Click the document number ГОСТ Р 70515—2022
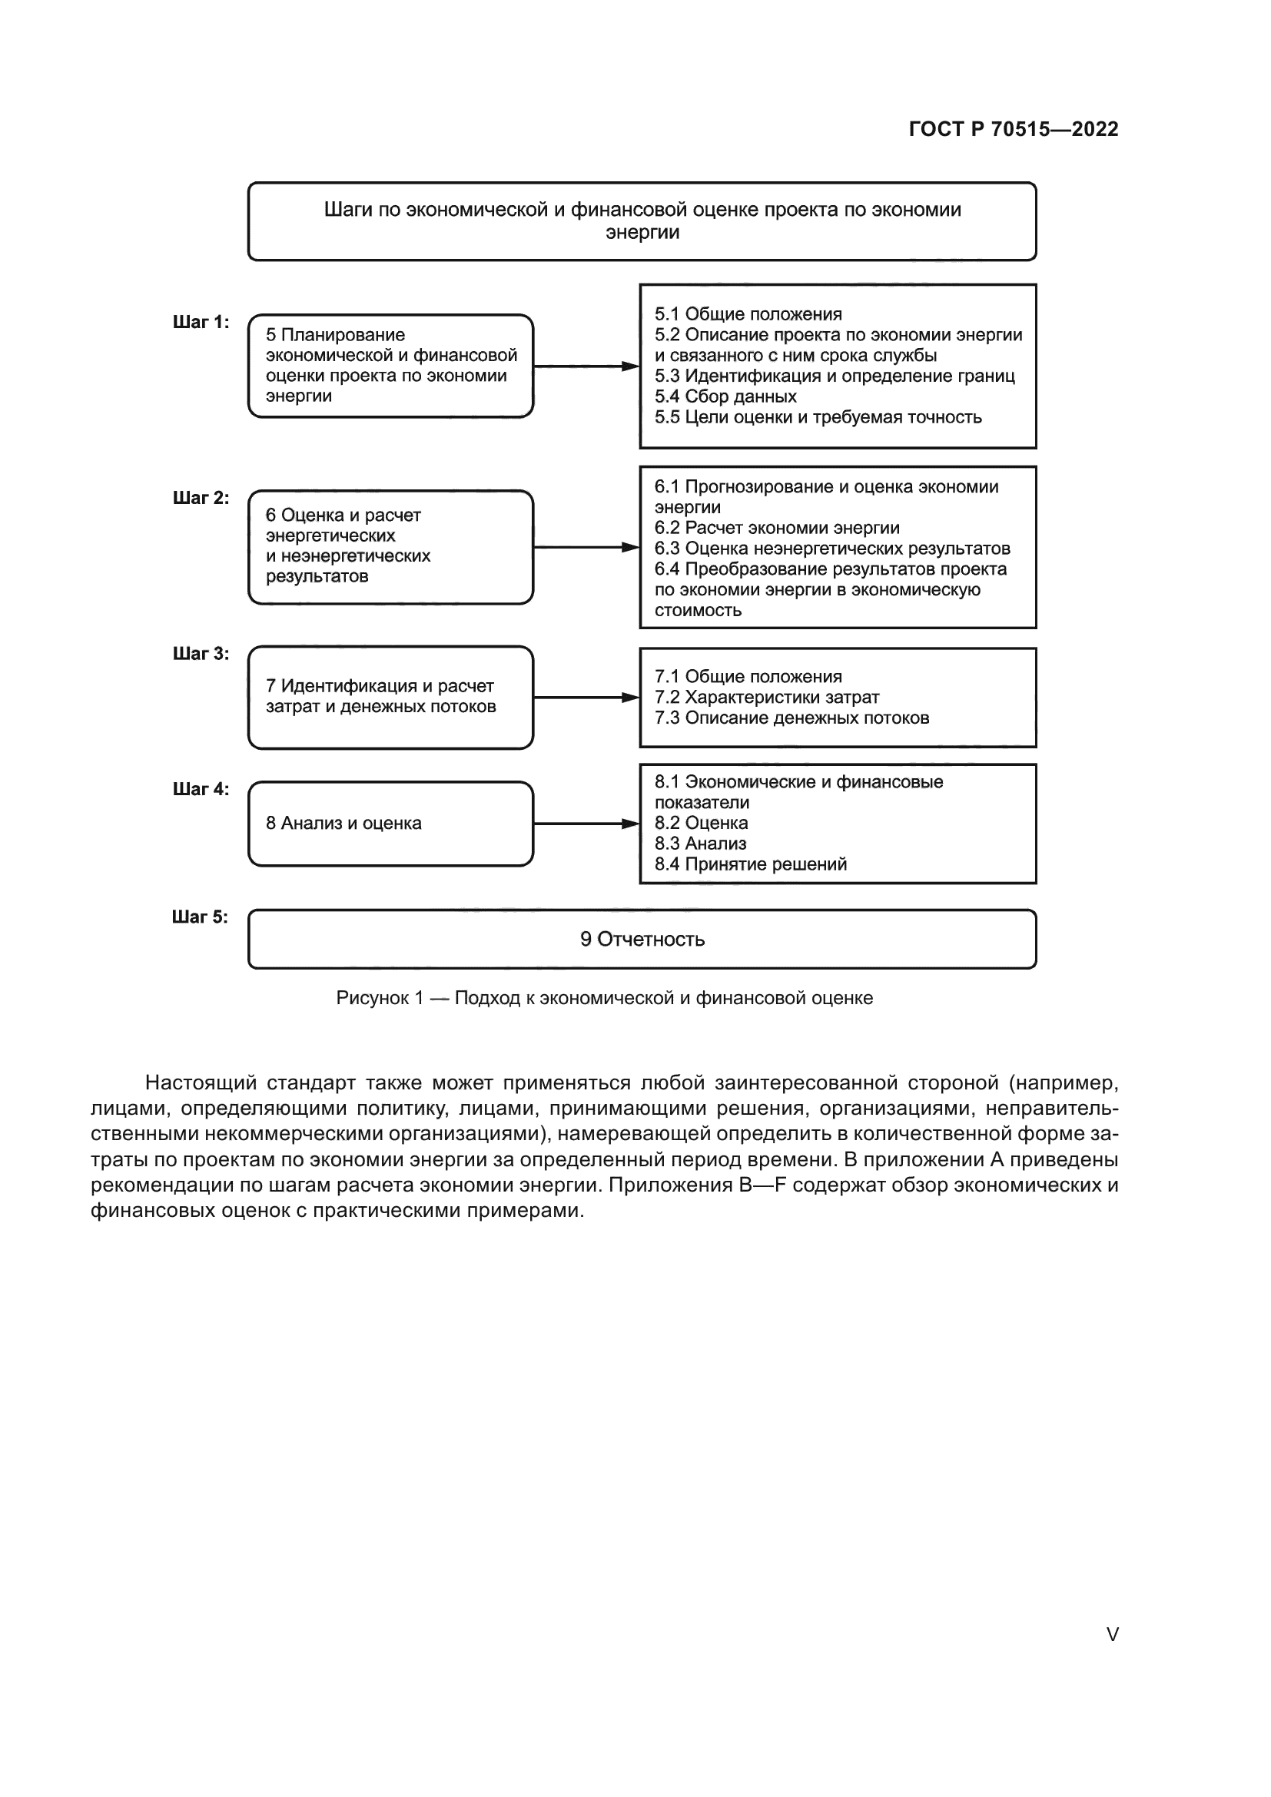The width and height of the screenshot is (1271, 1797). tap(1013, 129)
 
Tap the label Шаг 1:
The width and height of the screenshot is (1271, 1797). tap(201, 322)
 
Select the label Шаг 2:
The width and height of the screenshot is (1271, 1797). tap(201, 498)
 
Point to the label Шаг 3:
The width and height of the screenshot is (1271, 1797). tap(201, 654)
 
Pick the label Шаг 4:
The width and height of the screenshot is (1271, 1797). tap(201, 789)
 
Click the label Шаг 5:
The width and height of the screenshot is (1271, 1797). tap(201, 917)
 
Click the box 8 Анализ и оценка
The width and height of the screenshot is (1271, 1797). tap(390, 824)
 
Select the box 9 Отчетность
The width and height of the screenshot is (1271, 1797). tap(642, 939)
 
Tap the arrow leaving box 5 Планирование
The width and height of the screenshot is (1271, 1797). tap(586, 366)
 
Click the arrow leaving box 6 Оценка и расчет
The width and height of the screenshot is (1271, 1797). tap(586, 547)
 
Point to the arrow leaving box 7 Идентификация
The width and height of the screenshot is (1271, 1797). tap(586, 698)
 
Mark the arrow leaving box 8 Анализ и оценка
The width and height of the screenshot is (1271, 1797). tap(586, 824)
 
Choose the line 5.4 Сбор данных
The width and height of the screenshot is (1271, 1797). tap(725, 396)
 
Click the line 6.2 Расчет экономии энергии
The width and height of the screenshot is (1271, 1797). tap(777, 529)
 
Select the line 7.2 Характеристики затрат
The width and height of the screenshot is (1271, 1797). tap(767, 698)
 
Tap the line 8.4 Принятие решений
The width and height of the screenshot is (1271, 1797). tap(751, 864)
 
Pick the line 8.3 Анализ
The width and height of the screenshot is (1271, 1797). tap(701, 844)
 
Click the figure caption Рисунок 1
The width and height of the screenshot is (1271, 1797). tap(604, 998)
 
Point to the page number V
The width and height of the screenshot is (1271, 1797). tap(1112, 1634)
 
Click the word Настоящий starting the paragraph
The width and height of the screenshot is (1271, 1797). tap(201, 1083)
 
